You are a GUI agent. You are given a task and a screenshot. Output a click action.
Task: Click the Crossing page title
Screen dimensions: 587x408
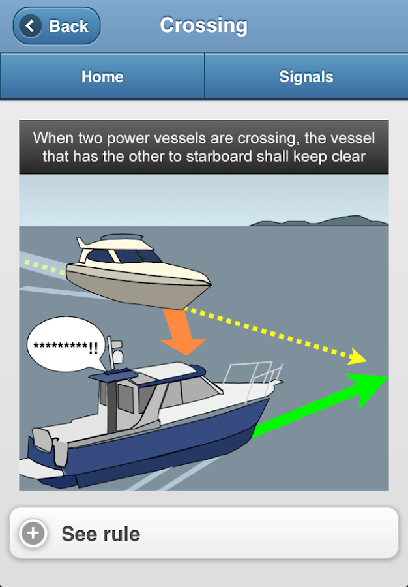click(203, 25)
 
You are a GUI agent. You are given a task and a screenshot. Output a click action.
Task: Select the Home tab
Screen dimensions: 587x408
click(102, 76)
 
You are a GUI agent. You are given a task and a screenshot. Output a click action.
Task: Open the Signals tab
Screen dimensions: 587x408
click(306, 76)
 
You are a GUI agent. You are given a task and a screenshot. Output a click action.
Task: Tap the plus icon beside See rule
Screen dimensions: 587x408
click(33, 534)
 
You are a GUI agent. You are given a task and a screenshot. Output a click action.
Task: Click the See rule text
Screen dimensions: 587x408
click(100, 534)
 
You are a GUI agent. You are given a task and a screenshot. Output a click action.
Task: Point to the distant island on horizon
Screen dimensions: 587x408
click(319, 221)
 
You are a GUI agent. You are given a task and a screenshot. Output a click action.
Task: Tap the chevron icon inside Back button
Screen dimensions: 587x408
click(29, 26)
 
